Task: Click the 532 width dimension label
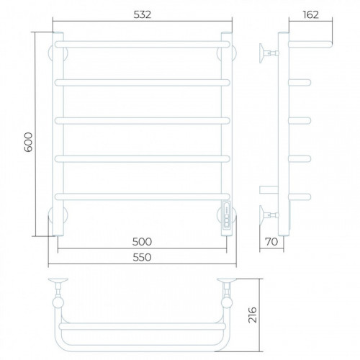click(143, 14)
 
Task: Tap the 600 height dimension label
click(28, 142)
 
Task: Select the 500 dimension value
click(142, 242)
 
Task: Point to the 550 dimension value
click(142, 258)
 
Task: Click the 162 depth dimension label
click(311, 14)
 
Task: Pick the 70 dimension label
click(271, 242)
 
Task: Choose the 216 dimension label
click(253, 315)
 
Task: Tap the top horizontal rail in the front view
click(142, 45)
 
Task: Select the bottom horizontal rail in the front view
click(142, 197)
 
